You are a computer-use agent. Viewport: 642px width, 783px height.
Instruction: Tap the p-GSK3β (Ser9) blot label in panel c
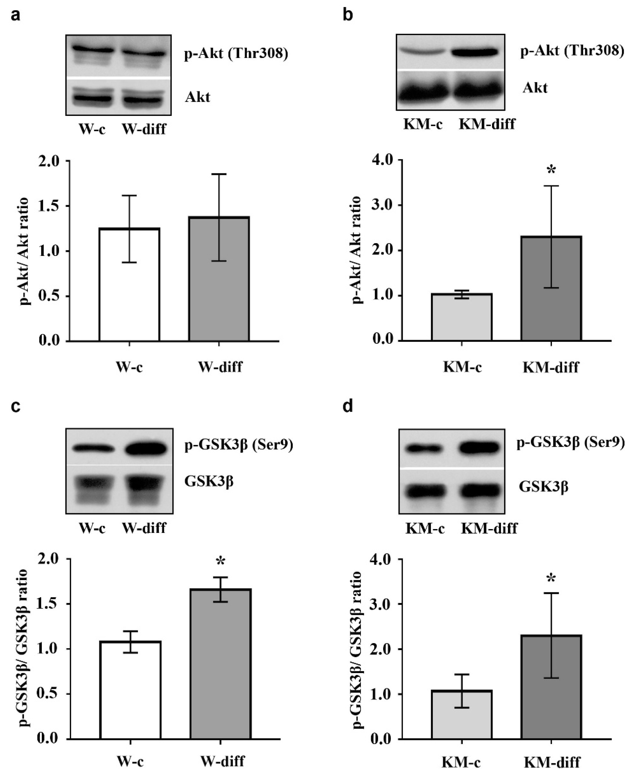coord(239,445)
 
